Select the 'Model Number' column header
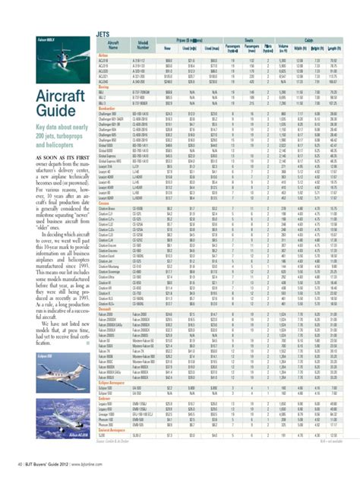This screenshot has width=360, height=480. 142,46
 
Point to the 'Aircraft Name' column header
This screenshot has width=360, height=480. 110,46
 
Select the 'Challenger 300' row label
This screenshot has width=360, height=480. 111,112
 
